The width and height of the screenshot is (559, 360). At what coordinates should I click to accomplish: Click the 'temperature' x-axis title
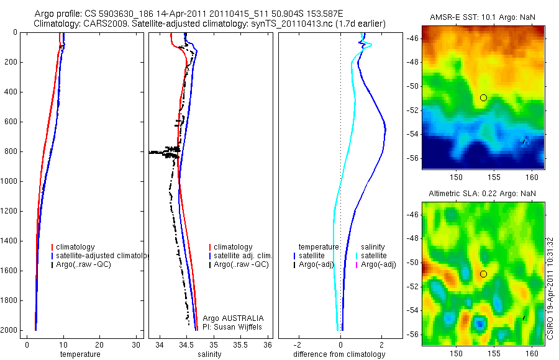[80, 354]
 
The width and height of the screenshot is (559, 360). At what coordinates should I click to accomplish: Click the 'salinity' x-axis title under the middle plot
[208, 354]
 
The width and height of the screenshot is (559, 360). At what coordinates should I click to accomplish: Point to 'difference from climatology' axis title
[340, 354]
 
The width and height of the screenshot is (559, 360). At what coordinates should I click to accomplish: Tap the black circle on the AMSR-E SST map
[483, 97]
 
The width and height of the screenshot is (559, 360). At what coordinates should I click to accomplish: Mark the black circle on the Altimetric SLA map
[483, 274]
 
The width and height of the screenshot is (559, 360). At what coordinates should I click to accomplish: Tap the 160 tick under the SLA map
[532, 351]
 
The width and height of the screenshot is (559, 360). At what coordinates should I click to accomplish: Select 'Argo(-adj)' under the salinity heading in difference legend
[378, 265]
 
